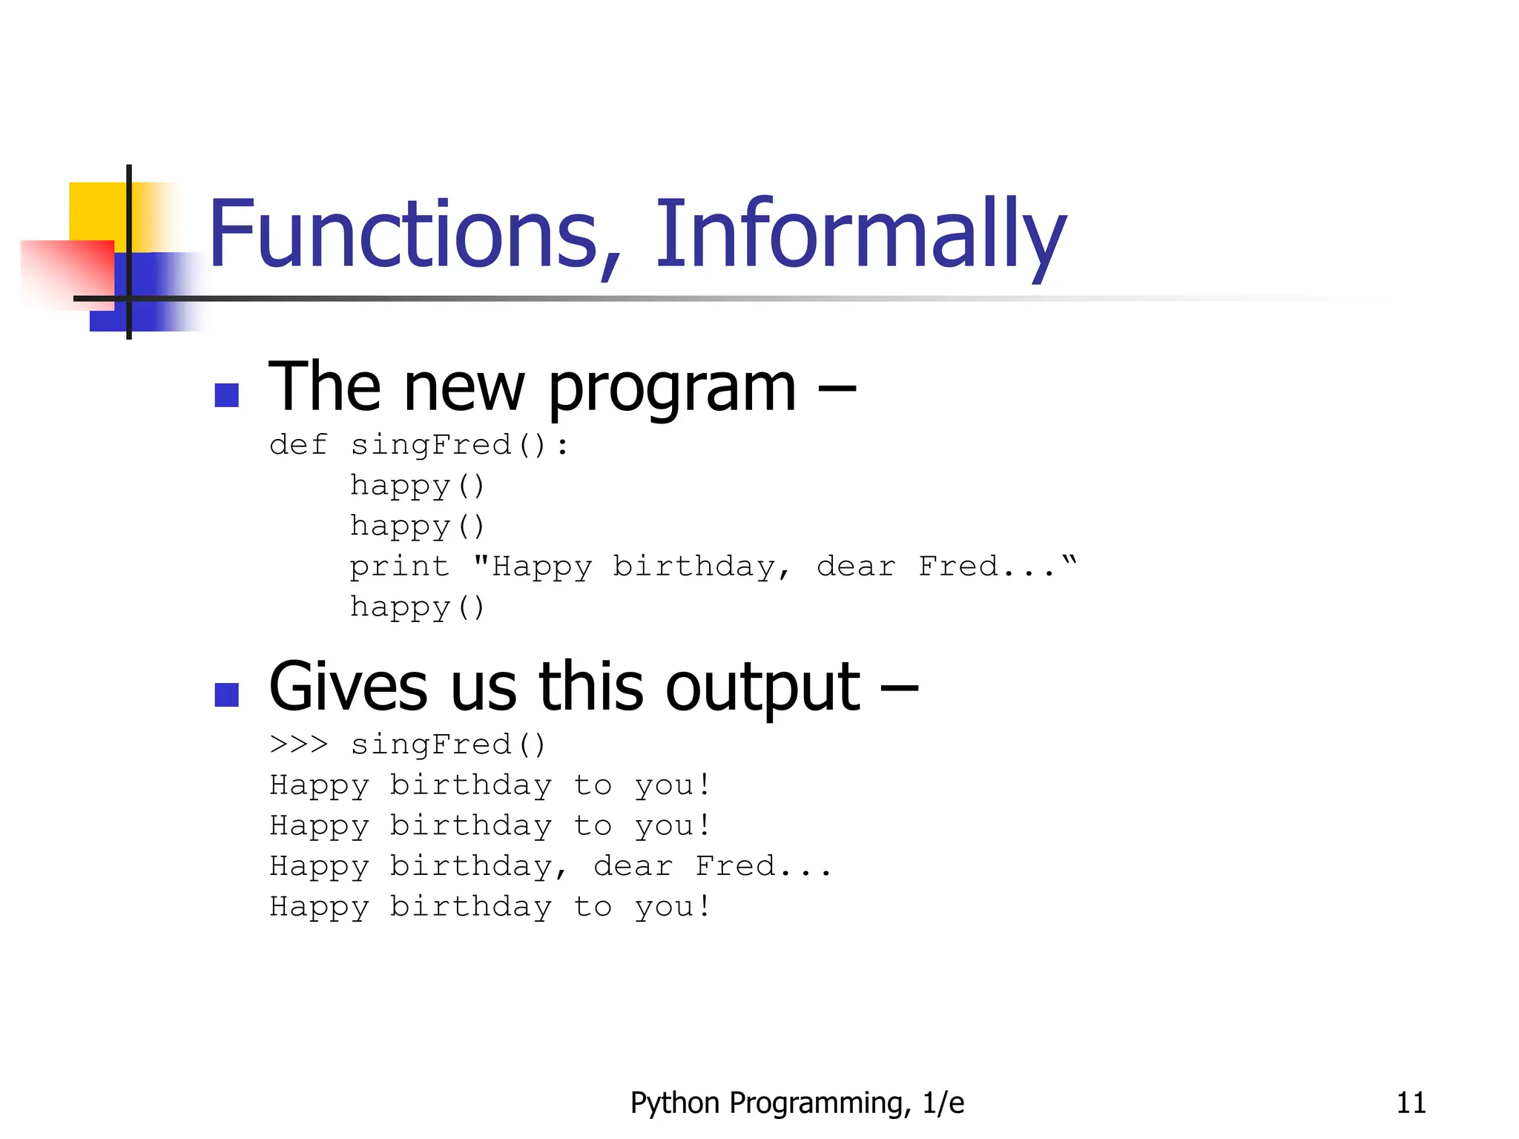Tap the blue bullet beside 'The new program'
(x=226, y=394)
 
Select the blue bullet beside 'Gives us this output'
(x=226, y=695)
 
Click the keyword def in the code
(x=298, y=445)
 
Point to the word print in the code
(x=400, y=567)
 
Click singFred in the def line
(x=431, y=445)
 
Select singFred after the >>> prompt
(x=431, y=745)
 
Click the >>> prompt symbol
(x=298, y=745)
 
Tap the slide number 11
(x=1411, y=1103)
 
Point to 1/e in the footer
(x=943, y=1103)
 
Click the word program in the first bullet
(x=672, y=389)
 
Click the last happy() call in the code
(x=417, y=607)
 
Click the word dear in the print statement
(x=856, y=567)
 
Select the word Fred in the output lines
(x=735, y=866)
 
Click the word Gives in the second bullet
(x=348, y=687)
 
